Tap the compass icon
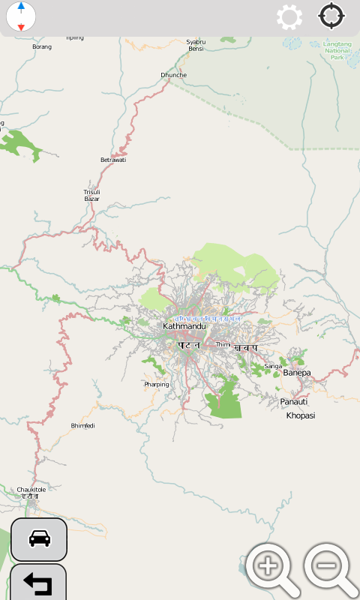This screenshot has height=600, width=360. [21, 16]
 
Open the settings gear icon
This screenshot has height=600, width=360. [289, 16]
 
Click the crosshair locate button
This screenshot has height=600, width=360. [332, 16]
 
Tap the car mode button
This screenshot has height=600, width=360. [39, 538]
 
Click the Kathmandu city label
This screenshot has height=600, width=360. [184, 326]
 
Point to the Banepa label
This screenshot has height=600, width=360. [296, 372]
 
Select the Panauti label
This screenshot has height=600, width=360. [294, 402]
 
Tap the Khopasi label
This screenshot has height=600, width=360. [301, 415]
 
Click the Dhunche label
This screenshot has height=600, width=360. [173, 75]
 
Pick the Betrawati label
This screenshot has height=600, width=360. [113, 160]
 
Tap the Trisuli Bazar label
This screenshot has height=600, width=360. [91, 195]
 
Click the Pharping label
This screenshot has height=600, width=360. [157, 385]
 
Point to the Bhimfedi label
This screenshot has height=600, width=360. [82, 425]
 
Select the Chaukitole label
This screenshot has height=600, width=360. [31, 489]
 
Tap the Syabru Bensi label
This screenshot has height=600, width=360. [196, 45]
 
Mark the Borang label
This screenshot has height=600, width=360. [42, 46]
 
